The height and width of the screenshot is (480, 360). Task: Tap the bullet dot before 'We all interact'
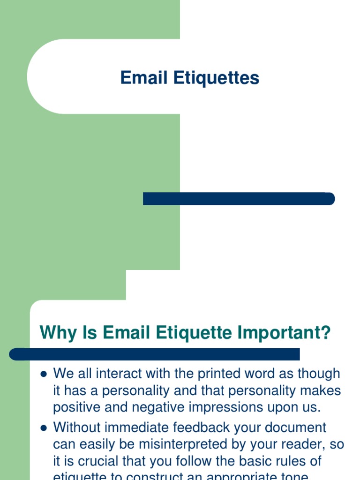click(x=44, y=375)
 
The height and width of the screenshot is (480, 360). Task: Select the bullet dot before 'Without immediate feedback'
click(x=44, y=428)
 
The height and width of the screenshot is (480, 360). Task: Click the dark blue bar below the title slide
click(x=239, y=199)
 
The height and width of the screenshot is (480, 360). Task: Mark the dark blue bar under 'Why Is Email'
click(x=155, y=354)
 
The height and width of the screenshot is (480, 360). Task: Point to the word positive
click(x=76, y=407)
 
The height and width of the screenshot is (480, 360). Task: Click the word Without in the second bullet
click(x=77, y=427)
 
